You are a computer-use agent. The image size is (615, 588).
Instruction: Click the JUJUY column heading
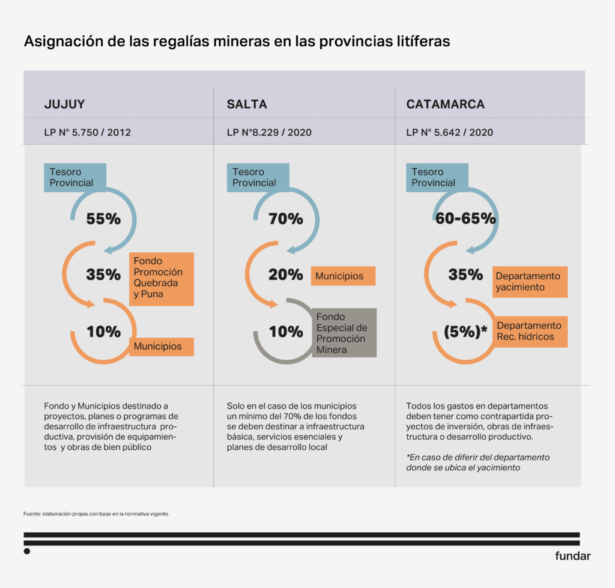(64, 105)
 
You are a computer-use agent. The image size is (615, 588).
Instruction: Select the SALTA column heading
(247, 105)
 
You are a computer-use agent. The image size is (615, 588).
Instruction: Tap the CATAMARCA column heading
(445, 105)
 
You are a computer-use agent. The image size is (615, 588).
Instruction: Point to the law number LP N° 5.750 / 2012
(87, 132)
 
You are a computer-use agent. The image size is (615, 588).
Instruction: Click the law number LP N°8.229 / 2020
(269, 132)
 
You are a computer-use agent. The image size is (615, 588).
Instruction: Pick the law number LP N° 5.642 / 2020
(449, 132)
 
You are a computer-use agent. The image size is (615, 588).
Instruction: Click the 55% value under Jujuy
(103, 219)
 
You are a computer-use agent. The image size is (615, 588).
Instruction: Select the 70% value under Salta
(286, 219)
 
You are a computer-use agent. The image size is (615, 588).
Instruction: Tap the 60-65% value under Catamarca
(466, 219)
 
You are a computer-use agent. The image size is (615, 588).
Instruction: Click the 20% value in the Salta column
(286, 275)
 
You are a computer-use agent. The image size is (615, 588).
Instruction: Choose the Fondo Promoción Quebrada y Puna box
(162, 278)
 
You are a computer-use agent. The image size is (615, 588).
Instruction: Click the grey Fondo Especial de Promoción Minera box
(344, 333)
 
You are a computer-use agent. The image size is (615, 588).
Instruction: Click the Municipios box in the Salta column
(343, 276)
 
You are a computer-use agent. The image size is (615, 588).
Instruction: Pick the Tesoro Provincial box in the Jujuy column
(75, 177)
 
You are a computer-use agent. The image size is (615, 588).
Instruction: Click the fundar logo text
(572, 556)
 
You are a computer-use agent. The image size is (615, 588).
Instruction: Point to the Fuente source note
(96, 514)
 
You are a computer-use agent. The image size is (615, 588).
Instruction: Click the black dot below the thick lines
(26, 551)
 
